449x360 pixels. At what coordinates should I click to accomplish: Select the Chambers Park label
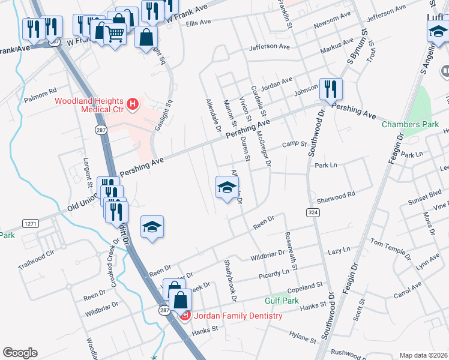click(406, 125)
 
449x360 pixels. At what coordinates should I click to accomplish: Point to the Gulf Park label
click(282, 300)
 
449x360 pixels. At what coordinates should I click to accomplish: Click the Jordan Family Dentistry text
click(237, 316)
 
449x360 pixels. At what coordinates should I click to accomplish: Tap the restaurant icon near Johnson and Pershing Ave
click(331, 89)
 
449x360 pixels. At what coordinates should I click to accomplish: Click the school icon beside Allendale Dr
click(227, 188)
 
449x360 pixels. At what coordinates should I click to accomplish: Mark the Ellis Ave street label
click(199, 23)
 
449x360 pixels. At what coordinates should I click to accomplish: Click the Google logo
click(20, 353)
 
